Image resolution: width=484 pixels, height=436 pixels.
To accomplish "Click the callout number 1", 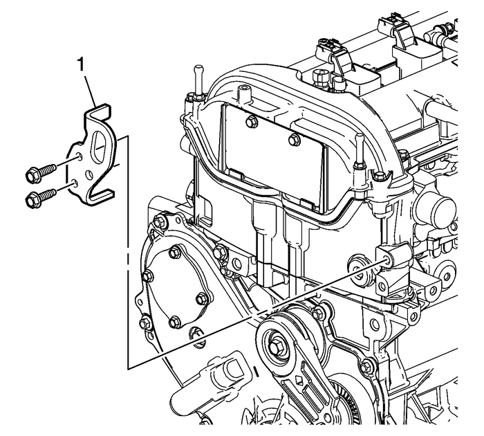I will (83, 66).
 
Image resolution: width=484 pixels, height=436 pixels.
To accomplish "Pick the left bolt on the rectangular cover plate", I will (250, 122).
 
